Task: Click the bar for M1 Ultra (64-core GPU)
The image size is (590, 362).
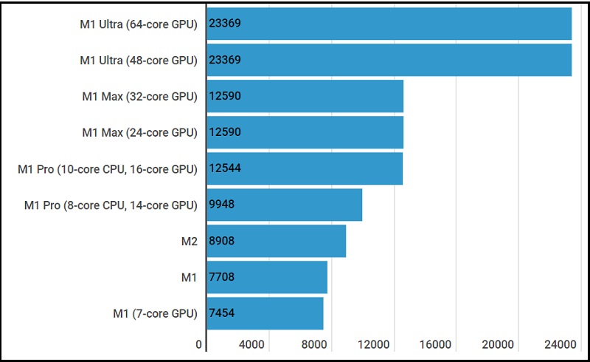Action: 389,24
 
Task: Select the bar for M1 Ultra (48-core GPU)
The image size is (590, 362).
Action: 389,60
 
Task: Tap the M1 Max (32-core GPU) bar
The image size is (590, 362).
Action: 305,96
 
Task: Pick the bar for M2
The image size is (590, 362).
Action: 276,241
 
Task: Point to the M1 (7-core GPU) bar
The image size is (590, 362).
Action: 265,313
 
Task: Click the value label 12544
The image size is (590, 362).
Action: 225,168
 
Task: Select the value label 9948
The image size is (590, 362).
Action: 222,205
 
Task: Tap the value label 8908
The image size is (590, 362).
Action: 222,241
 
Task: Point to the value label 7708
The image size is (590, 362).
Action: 222,277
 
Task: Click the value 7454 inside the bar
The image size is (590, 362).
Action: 222,313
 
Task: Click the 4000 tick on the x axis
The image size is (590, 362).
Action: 251,344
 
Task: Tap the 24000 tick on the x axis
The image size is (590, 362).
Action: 560,344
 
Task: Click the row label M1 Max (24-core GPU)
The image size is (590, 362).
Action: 139,133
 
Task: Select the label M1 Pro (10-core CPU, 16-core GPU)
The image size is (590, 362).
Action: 108,169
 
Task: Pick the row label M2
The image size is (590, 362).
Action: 189,241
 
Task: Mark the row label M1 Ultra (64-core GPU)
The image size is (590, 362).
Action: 139,24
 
